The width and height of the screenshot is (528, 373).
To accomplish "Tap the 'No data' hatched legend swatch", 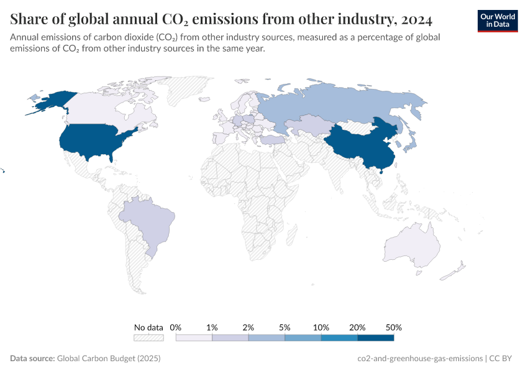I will (x=148, y=338).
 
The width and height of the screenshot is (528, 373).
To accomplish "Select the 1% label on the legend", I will (x=212, y=327).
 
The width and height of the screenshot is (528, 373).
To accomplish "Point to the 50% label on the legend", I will (x=393, y=327).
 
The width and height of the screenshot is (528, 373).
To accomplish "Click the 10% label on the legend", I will (x=321, y=327).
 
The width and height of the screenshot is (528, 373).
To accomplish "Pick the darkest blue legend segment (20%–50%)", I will (x=375, y=338).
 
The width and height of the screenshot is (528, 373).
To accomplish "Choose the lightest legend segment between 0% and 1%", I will (x=194, y=338).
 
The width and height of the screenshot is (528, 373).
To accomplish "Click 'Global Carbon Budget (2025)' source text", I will (x=109, y=358).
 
